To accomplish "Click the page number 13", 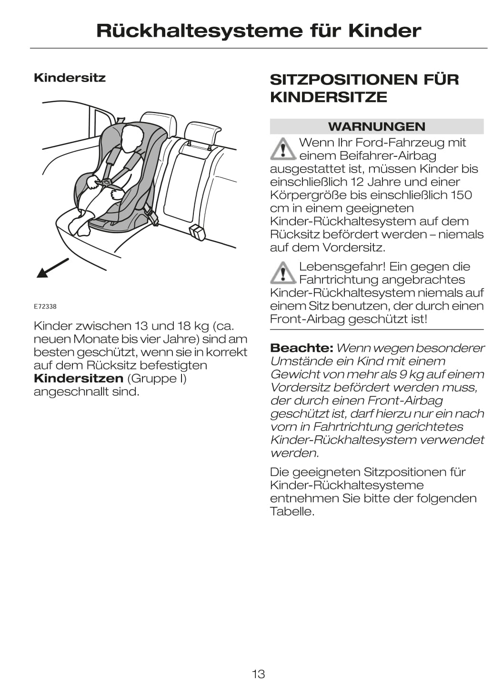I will pyautogui.click(x=258, y=674).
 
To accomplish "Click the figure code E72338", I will pyautogui.click(x=45, y=307).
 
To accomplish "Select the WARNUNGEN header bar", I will pyautogui.click(x=376, y=126).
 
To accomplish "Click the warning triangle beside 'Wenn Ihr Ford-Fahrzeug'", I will pyautogui.click(x=283, y=149).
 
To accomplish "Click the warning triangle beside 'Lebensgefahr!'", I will pyautogui.click(x=283, y=273).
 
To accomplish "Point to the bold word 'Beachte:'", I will pyautogui.click(x=301, y=348).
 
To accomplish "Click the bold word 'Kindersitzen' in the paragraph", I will pyautogui.click(x=79, y=379).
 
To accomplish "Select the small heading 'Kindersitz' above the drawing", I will pyautogui.click(x=70, y=78).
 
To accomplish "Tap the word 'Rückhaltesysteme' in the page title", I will pyautogui.click(x=199, y=31).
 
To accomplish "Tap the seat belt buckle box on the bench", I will pyautogui.click(x=197, y=233).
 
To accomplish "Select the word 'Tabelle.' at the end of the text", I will pyautogui.click(x=292, y=512).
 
